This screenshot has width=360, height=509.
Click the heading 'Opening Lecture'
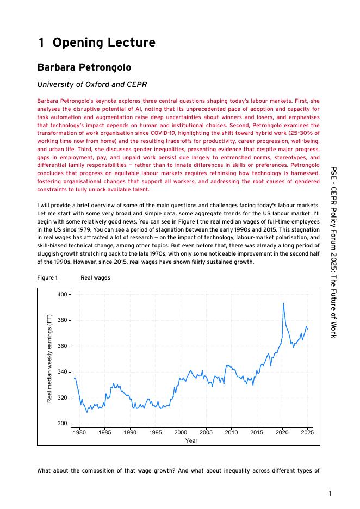pos(104,43)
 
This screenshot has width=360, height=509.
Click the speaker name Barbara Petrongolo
pos(84,67)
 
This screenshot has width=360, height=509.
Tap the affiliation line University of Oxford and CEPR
pos(92,84)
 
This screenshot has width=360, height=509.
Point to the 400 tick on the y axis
pos(62,294)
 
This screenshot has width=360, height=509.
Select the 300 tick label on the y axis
pos(62,424)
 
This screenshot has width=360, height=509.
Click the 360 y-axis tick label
pos(62,346)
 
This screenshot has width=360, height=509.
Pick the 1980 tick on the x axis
pos(79,432)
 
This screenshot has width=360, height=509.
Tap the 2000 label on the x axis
pos(181,432)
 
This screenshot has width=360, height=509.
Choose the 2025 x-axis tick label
pos(307,432)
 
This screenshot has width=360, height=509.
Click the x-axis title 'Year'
pos(191,440)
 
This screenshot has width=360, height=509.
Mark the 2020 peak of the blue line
pos(283,303)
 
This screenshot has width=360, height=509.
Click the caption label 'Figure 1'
pos(47,278)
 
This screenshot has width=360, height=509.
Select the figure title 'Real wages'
pos(95,278)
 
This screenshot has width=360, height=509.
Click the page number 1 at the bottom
pos(330,494)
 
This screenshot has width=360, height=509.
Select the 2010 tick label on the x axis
pos(231,432)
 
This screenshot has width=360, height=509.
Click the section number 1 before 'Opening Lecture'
pos(41,43)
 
